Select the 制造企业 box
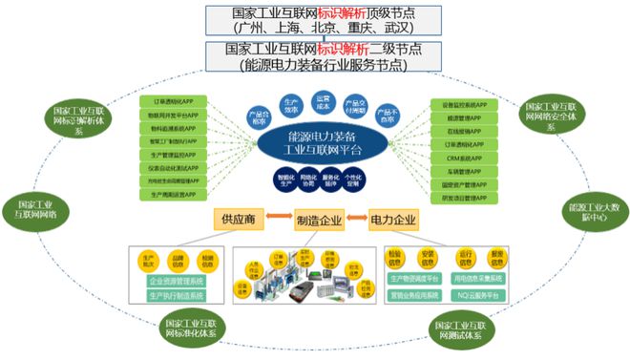pos(318,219)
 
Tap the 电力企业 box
pos(393,219)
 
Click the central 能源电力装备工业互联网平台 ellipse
pos(315,145)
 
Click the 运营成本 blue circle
pos(324,101)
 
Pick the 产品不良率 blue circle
pos(387,116)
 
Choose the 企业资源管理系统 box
pos(177,282)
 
